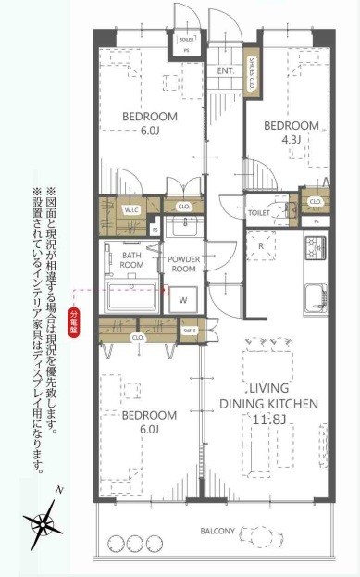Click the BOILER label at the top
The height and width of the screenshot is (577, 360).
click(187, 40)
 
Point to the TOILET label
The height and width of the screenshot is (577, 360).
click(259, 212)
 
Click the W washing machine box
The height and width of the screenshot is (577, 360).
click(182, 300)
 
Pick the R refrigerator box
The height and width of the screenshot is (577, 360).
click(262, 246)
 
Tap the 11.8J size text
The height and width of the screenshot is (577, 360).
click(268, 420)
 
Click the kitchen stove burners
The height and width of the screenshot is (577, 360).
click(316, 247)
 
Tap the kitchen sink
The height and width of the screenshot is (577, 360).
click(317, 294)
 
